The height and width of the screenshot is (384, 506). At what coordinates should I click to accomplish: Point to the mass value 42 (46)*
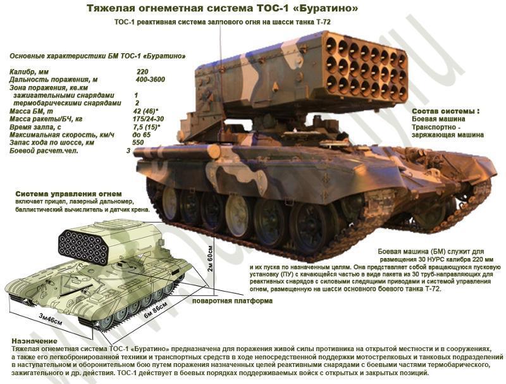[146, 111]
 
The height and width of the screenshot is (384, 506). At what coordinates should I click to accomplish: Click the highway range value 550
[138, 143]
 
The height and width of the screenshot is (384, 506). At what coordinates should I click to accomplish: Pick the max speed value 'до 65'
[141, 135]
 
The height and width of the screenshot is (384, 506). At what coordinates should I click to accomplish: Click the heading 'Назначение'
[32, 341]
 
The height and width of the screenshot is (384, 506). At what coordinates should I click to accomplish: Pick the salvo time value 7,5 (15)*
[146, 127]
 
